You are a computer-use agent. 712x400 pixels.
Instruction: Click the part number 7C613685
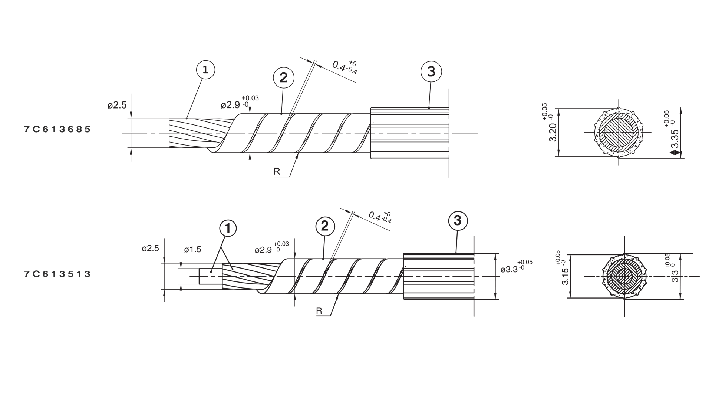(57, 129)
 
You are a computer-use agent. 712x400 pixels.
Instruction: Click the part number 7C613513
(57, 274)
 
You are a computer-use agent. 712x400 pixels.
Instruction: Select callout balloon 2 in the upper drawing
(283, 78)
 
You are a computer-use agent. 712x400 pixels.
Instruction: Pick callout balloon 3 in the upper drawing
(431, 71)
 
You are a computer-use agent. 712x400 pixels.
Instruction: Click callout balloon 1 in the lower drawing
(228, 229)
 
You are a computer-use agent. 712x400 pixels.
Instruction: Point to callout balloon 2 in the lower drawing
(325, 226)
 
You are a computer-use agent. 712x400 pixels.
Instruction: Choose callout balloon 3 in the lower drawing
(458, 220)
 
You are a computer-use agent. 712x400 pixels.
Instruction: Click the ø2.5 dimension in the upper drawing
(117, 105)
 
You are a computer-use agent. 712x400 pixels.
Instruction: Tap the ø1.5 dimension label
(192, 250)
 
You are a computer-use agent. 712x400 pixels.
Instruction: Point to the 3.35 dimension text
(672, 134)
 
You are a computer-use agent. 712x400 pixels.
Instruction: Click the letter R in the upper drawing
(277, 171)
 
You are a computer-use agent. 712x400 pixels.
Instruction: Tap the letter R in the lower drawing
(319, 311)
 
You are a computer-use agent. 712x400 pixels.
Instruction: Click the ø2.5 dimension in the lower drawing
(150, 248)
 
